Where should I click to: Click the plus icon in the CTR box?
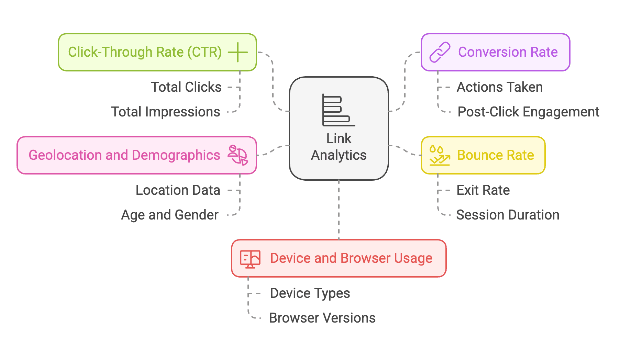tap(237, 52)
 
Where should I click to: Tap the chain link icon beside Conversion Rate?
tap(440, 52)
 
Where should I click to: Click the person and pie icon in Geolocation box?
tap(238, 155)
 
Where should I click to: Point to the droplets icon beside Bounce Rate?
tap(439, 155)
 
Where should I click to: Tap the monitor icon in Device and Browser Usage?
tap(250, 259)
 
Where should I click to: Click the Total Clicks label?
tap(186, 87)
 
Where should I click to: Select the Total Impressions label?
tap(165, 112)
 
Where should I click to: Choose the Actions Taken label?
tap(499, 87)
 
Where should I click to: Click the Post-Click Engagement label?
tap(528, 112)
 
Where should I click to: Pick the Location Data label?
tap(178, 190)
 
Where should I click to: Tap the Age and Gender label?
tap(170, 215)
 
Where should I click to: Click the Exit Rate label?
tap(483, 190)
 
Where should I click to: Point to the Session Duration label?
tap(508, 215)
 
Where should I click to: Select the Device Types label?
tap(310, 293)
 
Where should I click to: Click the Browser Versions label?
tap(322, 318)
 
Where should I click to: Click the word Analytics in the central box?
tap(339, 155)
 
